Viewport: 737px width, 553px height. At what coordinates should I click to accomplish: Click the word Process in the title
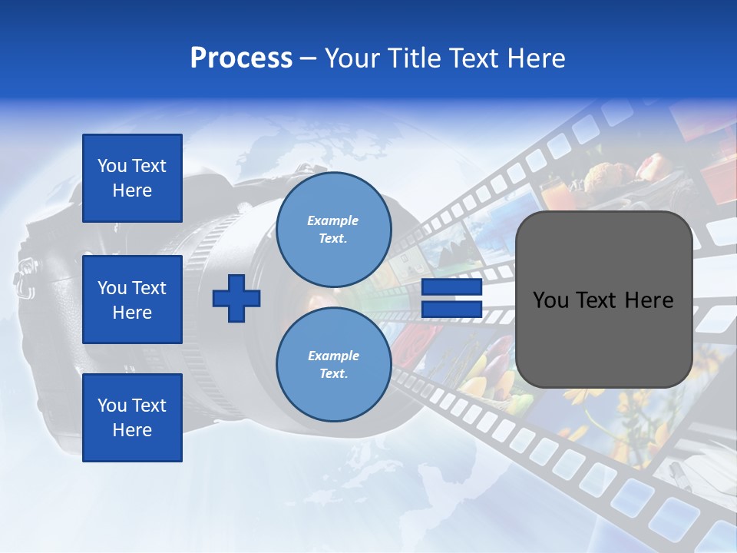pyautogui.click(x=241, y=58)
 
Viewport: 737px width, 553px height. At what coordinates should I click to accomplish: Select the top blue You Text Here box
pyautogui.click(x=132, y=178)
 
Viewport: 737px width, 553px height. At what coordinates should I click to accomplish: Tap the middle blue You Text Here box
pyautogui.click(x=132, y=300)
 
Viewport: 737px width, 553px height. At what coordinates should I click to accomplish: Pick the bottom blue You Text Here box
pyautogui.click(x=132, y=418)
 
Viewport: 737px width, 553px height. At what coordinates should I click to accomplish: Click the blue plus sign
pyautogui.click(x=236, y=298)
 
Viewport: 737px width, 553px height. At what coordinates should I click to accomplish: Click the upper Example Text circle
pyautogui.click(x=333, y=230)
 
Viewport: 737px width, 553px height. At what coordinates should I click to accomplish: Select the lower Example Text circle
pyautogui.click(x=333, y=365)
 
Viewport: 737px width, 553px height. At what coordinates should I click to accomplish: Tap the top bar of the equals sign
pyautogui.click(x=452, y=287)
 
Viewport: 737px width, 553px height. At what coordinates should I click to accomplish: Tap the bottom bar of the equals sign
pyautogui.click(x=452, y=309)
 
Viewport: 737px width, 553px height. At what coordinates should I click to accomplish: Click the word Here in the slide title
pyautogui.click(x=538, y=58)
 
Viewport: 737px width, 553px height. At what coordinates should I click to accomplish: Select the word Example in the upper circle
pyautogui.click(x=333, y=220)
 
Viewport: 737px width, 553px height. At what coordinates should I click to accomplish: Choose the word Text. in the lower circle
pyautogui.click(x=333, y=374)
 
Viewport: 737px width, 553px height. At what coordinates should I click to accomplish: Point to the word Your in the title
pyautogui.click(x=349, y=58)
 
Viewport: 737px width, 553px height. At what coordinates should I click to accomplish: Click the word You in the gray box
pyautogui.click(x=550, y=300)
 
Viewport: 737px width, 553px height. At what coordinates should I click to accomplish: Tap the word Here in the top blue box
pyautogui.click(x=132, y=190)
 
